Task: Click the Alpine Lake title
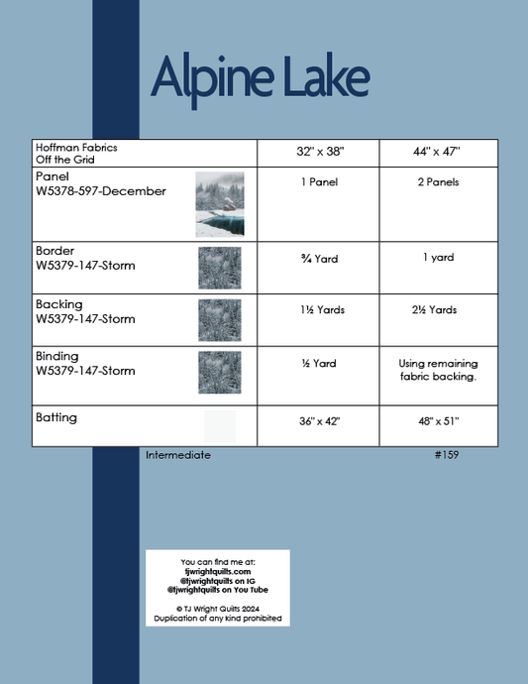pos(260,77)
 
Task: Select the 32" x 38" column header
pos(320,153)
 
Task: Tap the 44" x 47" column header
pos(436,153)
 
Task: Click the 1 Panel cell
pos(320,183)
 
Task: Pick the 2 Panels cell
pos(436,183)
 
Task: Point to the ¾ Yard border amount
pos(320,259)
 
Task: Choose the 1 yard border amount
pos(436,258)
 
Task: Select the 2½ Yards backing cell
pos(436,310)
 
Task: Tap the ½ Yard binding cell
pos(320,364)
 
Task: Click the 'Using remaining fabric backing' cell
pos(437,370)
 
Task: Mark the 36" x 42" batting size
pos(320,421)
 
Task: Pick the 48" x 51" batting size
pos(436,421)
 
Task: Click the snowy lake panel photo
pos(219,203)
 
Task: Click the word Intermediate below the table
pos(178,455)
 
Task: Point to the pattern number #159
pos(446,455)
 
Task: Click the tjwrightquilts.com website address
pos(218,572)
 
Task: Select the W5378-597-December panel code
pos(100,191)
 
